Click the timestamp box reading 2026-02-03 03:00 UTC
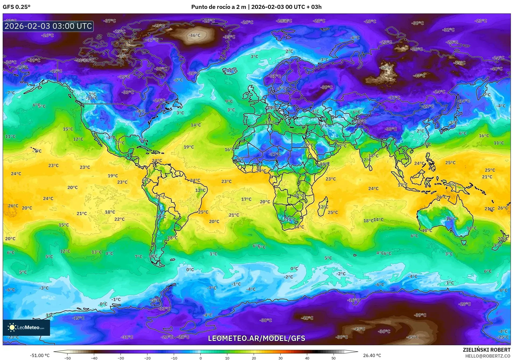pos(48,26)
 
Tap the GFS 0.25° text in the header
pos(16,7)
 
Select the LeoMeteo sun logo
pos(12,327)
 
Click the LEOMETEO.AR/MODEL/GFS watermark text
pos(256,338)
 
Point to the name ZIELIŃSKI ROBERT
pos(486,350)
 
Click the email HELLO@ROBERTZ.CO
pos(488,356)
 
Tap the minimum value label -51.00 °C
pos(40,355)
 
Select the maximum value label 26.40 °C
pos(372,355)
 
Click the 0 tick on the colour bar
pos(201,358)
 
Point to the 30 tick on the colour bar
pos(281,358)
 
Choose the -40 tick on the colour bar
pos(94,358)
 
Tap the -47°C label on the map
pos(419,76)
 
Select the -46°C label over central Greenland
pos(194,35)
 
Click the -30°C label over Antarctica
pos(266,320)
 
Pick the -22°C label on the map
pos(428,106)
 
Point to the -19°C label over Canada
pos(124,76)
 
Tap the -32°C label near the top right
pos(448,30)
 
